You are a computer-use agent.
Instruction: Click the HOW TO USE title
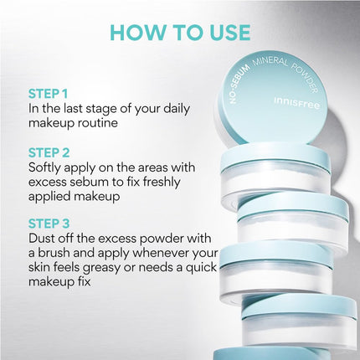tap(179, 33)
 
